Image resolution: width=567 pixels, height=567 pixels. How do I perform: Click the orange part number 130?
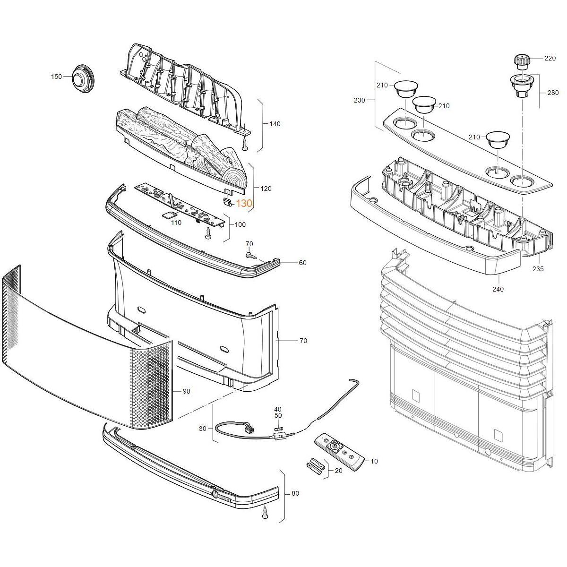[244, 204]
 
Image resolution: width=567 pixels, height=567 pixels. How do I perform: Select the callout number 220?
[550, 59]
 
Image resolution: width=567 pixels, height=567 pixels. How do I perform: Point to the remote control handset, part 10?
[340, 451]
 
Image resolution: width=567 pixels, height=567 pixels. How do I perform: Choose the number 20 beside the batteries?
[338, 471]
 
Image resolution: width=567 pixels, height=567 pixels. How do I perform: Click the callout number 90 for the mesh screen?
[186, 391]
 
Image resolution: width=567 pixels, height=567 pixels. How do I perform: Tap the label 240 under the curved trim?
[498, 289]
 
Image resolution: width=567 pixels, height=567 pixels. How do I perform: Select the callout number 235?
[538, 269]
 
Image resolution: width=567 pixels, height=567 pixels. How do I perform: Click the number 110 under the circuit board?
[176, 223]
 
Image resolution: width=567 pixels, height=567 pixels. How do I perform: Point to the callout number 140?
[275, 124]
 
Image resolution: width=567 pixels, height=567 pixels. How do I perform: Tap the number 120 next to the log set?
[266, 189]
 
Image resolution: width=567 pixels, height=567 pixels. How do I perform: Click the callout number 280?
[553, 93]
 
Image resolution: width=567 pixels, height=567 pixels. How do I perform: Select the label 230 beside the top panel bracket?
[360, 100]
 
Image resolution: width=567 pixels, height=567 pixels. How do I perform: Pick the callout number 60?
[302, 263]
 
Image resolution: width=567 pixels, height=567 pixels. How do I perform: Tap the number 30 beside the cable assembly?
[203, 429]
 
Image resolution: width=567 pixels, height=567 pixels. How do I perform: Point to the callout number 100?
[240, 224]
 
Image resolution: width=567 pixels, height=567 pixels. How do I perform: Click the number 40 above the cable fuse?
[278, 409]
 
